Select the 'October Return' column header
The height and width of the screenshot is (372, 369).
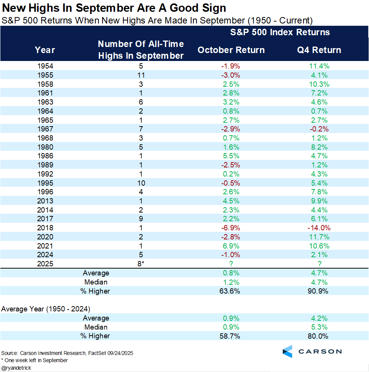pyautogui.click(x=231, y=50)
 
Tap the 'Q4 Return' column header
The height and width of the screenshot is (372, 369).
pyautogui.click(x=319, y=50)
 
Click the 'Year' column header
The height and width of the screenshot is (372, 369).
pyautogui.click(x=45, y=50)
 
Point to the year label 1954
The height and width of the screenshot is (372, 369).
pyautogui.click(x=45, y=66)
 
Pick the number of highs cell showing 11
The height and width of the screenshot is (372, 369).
pyautogui.click(x=141, y=75)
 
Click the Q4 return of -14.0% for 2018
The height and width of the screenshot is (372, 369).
pyautogui.click(x=319, y=228)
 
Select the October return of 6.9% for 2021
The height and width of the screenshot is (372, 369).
pyautogui.click(x=231, y=246)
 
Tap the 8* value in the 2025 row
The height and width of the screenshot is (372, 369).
pyautogui.click(x=141, y=264)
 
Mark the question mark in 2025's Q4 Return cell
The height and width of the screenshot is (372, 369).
pyautogui.click(x=319, y=264)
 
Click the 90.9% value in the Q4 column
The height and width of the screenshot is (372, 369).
pyautogui.click(x=319, y=291)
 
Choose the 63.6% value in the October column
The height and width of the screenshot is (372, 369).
pyautogui.click(x=231, y=291)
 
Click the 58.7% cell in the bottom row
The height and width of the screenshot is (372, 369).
pyautogui.click(x=231, y=336)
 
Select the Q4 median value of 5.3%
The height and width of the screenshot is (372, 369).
pyautogui.click(x=319, y=327)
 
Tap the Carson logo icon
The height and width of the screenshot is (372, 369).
pyautogui.click(x=288, y=352)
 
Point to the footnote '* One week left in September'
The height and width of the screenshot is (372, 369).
pyautogui.click(x=34, y=360)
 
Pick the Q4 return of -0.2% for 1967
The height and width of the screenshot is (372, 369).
pyautogui.click(x=319, y=129)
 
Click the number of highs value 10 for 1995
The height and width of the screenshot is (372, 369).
pyautogui.click(x=141, y=183)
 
